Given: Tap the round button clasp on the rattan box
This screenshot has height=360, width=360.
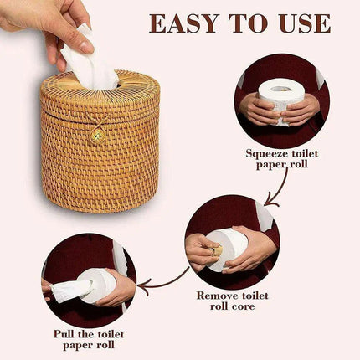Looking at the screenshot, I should [98, 135].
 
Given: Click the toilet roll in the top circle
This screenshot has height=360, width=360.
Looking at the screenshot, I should [280, 98].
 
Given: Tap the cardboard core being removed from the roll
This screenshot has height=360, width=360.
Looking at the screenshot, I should [216, 249].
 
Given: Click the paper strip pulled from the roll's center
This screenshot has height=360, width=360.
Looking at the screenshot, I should [71, 289].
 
